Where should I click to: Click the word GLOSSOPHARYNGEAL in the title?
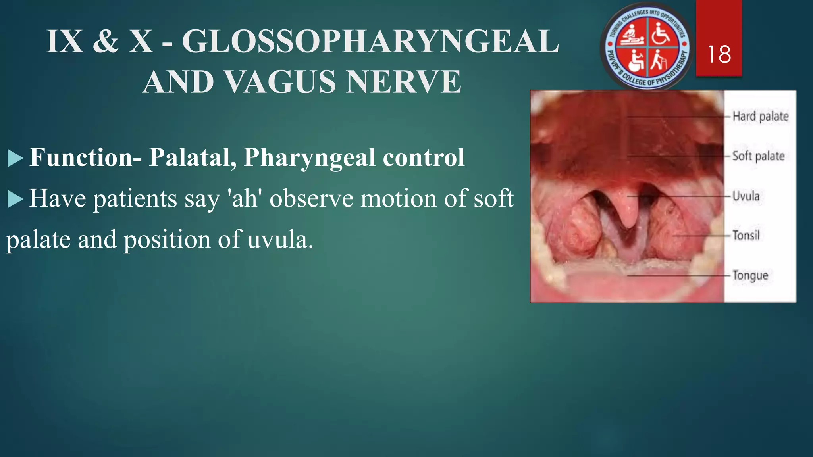click(x=370, y=41)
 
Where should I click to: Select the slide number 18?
click(x=719, y=54)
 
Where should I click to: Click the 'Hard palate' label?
click(x=760, y=116)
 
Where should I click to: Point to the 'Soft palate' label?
click(x=758, y=156)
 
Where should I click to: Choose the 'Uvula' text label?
click(x=746, y=196)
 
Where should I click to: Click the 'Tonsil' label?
click(x=746, y=235)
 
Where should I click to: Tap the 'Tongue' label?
click(x=750, y=275)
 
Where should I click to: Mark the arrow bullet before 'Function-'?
click(x=15, y=158)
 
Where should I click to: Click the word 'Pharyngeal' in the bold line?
click(x=309, y=157)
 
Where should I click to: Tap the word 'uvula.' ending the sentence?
click(x=280, y=240)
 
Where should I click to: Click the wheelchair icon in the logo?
click(x=661, y=33)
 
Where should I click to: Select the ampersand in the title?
click(x=106, y=41)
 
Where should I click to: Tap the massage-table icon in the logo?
click(x=632, y=35)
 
